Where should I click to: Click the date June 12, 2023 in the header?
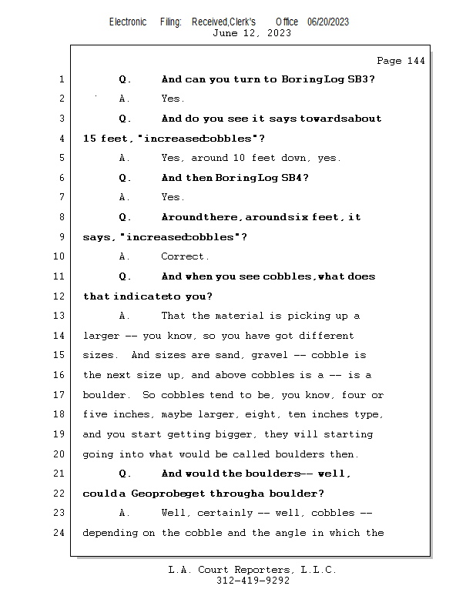[252, 33]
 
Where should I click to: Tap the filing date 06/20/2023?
[328, 22]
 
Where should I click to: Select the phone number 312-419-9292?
[253, 581]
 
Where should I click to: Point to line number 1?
[61, 79]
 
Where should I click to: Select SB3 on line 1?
[362, 79]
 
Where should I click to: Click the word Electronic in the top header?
[128, 22]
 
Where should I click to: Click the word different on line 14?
[326, 336]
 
